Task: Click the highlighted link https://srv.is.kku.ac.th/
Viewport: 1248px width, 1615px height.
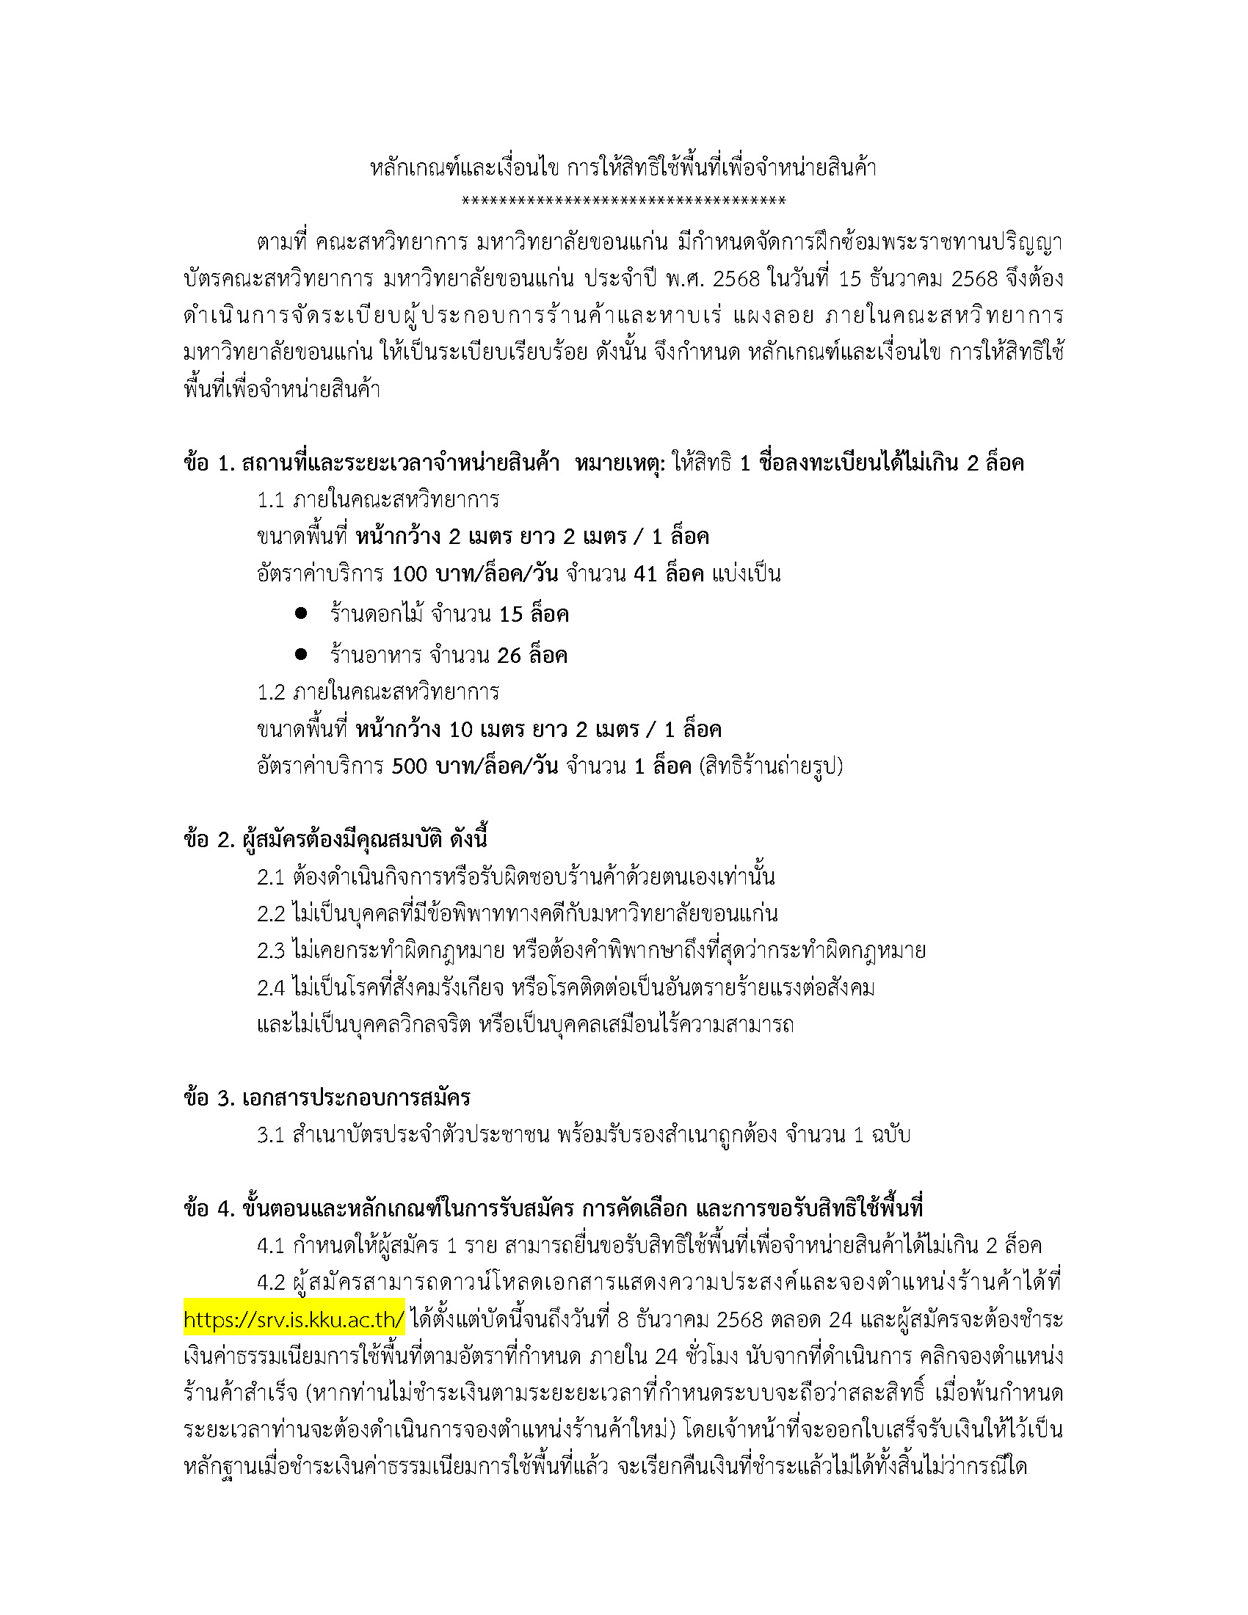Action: (294, 1320)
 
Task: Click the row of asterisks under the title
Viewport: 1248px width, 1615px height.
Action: (623, 200)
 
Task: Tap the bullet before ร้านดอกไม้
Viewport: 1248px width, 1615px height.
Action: (301, 613)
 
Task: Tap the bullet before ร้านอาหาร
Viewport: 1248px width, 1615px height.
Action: (301, 653)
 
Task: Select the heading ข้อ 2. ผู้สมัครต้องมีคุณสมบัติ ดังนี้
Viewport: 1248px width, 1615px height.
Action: (335, 840)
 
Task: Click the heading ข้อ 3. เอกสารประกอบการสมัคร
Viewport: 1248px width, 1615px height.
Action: (327, 1098)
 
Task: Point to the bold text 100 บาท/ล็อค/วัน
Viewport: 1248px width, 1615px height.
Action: (474, 574)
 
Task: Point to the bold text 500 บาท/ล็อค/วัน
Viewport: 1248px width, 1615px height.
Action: (474, 766)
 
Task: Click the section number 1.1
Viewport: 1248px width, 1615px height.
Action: (271, 501)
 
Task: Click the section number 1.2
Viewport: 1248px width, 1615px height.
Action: (271, 693)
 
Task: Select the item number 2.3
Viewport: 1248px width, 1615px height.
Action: (271, 951)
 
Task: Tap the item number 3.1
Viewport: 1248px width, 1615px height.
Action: (271, 1135)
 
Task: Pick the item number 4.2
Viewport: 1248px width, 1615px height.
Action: (271, 1283)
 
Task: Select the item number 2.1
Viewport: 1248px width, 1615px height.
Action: (271, 877)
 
